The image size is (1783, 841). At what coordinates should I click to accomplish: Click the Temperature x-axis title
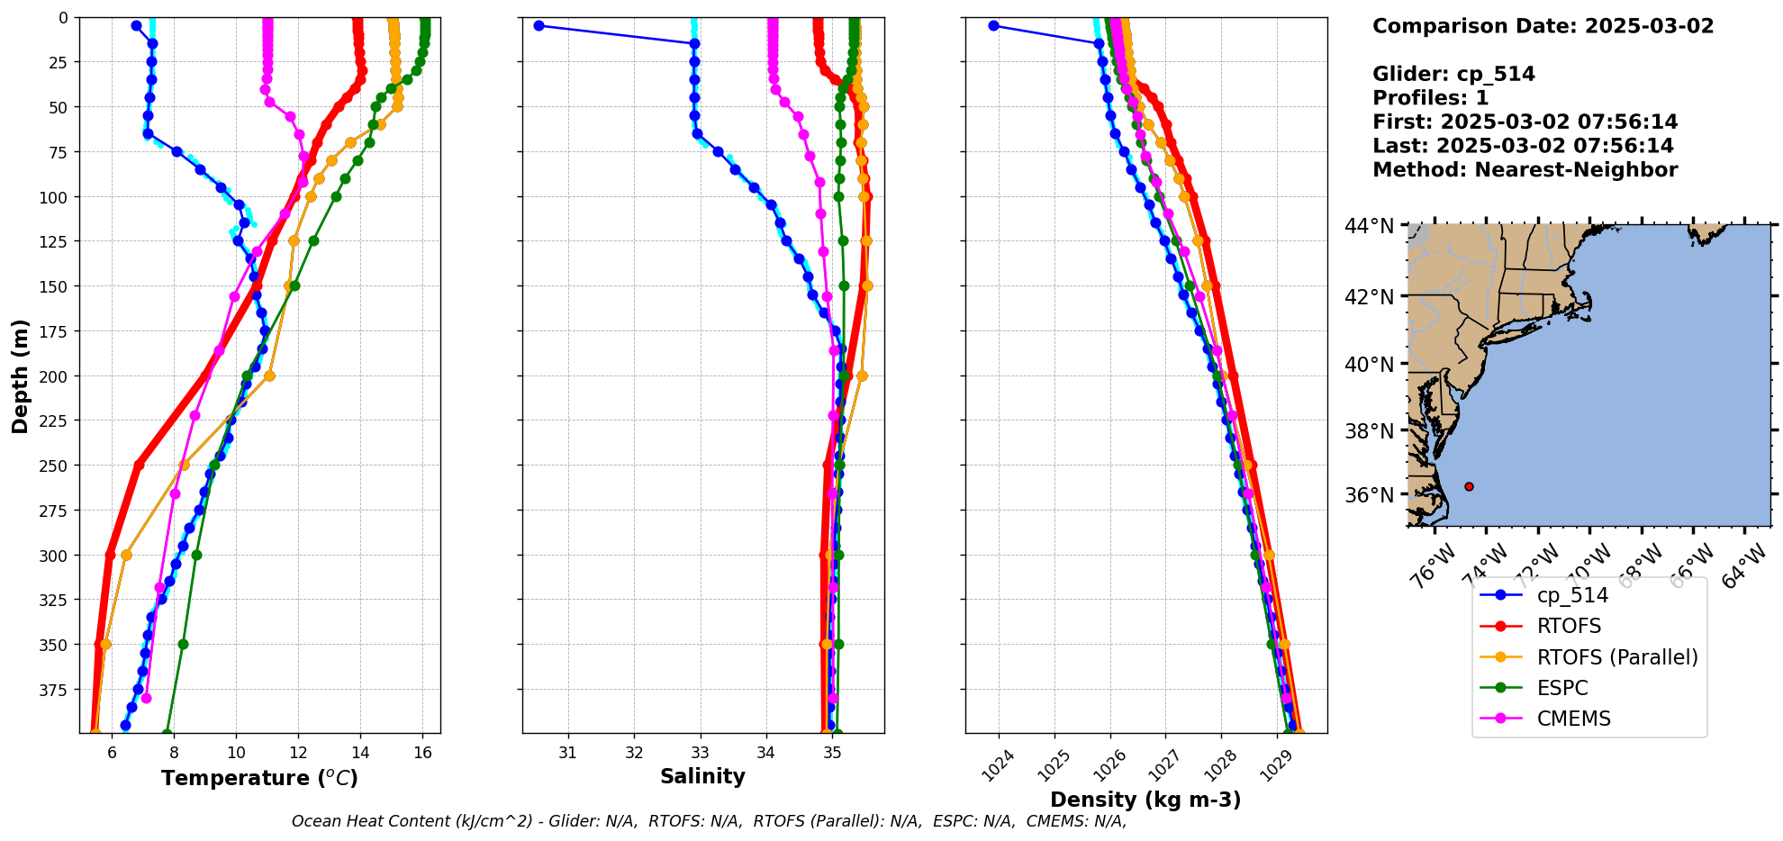[259, 778]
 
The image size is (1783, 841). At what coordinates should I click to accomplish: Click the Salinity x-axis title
[702, 777]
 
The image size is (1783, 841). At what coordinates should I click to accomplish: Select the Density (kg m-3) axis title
[1145, 800]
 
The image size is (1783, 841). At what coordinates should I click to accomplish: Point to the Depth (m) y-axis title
[21, 375]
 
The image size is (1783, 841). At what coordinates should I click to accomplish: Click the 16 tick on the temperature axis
[423, 753]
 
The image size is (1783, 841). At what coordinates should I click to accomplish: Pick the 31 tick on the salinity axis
[567, 753]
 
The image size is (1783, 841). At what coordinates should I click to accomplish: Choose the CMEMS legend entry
[1573, 719]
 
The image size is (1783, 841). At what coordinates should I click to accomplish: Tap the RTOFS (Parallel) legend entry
[1616, 657]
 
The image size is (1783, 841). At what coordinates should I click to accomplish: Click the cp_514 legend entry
[1571, 595]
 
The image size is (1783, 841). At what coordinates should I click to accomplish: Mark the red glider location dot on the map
[1469, 486]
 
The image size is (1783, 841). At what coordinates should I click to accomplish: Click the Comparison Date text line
[1543, 26]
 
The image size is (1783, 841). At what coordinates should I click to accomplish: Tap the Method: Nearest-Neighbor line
[1525, 170]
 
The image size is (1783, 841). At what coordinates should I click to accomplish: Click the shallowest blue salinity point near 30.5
[539, 25]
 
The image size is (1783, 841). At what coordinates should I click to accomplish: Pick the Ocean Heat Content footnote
[709, 821]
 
